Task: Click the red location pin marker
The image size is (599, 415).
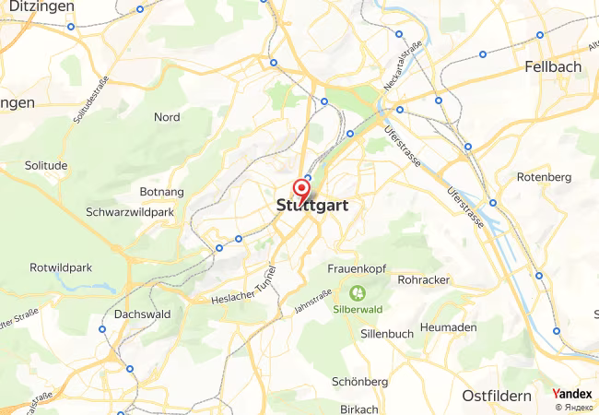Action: tap(300, 189)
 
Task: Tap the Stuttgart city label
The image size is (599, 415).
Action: tap(311, 207)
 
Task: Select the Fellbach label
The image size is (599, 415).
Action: tap(553, 67)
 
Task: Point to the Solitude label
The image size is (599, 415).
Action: tap(48, 165)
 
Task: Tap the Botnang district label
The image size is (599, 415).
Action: tap(160, 192)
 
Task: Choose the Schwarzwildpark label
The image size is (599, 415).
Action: tap(130, 212)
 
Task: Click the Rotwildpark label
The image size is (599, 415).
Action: tap(61, 267)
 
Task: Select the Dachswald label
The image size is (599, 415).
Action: tap(142, 314)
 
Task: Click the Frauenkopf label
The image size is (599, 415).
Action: tap(356, 268)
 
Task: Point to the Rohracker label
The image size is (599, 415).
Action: tap(424, 279)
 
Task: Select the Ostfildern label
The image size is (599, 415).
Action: tap(497, 396)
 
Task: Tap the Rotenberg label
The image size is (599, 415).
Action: tap(545, 177)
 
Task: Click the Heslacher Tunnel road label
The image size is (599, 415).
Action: tap(244, 292)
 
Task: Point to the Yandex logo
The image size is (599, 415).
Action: tap(571, 394)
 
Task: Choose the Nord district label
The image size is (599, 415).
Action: tap(167, 117)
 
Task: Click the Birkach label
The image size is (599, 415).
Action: tap(359, 409)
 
